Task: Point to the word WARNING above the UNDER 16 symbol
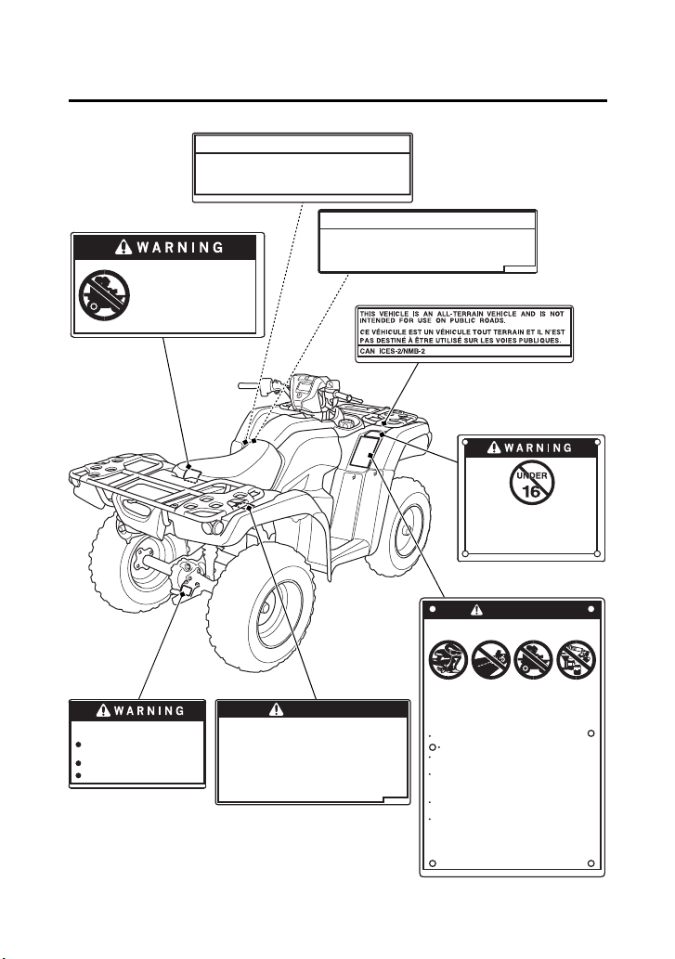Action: [x=538, y=448]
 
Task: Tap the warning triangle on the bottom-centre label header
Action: [x=277, y=709]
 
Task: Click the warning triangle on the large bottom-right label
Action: [x=477, y=609]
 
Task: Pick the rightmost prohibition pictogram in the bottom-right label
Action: [x=576, y=658]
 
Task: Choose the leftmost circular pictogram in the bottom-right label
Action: [x=448, y=659]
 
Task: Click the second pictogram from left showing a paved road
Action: [x=491, y=659]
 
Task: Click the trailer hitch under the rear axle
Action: [x=188, y=590]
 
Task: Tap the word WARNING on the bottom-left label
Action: [x=149, y=711]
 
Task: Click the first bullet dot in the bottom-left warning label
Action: [x=80, y=745]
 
